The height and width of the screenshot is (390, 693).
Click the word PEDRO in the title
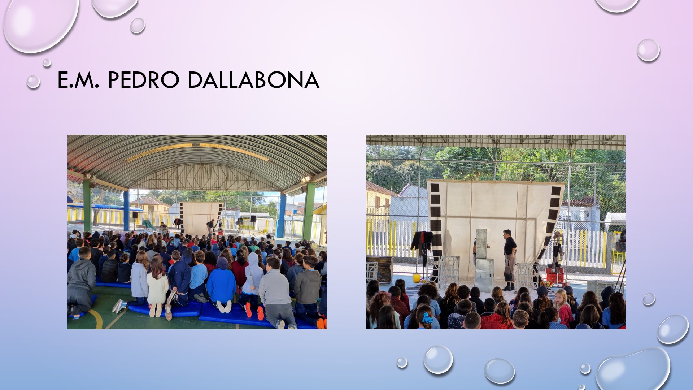[x=144, y=80]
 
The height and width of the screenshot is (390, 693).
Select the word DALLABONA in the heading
[x=253, y=80]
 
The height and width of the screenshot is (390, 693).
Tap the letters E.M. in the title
[x=78, y=80]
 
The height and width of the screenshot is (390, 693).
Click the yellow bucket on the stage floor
[x=417, y=278]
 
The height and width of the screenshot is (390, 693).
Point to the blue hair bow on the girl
[x=427, y=317]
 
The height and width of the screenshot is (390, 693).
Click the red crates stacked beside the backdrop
[x=555, y=276]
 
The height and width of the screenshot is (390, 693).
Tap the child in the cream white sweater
[x=157, y=285]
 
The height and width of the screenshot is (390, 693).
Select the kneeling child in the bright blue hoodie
[x=221, y=283]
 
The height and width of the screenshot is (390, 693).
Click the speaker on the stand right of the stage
[x=253, y=219]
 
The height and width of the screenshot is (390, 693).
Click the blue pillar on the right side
[x=282, y=216]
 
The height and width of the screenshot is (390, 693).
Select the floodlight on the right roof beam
[x=306, y=179]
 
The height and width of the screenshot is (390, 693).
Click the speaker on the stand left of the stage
[x=135, y=214]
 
